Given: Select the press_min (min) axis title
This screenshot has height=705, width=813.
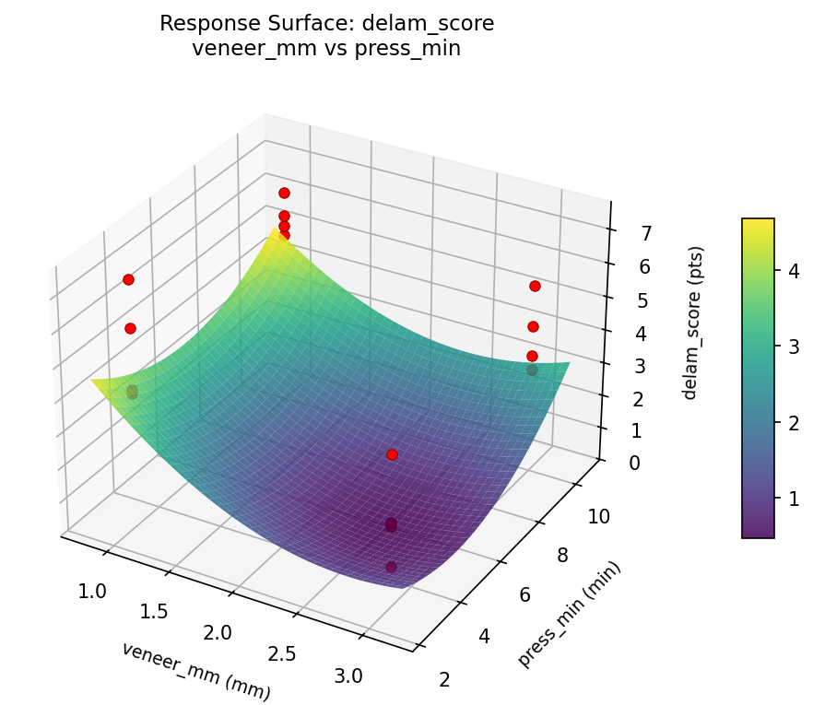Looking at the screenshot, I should (x=570, y=614).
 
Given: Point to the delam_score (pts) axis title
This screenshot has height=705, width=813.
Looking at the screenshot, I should (x=698, y=323).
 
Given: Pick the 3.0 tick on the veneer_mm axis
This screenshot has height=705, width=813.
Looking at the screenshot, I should (x=348, y=676).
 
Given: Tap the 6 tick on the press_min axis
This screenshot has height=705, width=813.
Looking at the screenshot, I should (x=524, y=594).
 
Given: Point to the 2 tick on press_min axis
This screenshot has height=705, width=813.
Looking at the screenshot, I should (x=444, y=680).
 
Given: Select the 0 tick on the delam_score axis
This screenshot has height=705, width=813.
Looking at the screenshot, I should (x=634, y=463).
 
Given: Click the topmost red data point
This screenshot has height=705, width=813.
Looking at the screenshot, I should (x=284, y=193).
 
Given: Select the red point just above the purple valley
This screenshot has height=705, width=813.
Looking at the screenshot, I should (x=392, y=454).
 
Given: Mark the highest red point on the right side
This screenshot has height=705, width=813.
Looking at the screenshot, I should (x=535, y=286).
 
